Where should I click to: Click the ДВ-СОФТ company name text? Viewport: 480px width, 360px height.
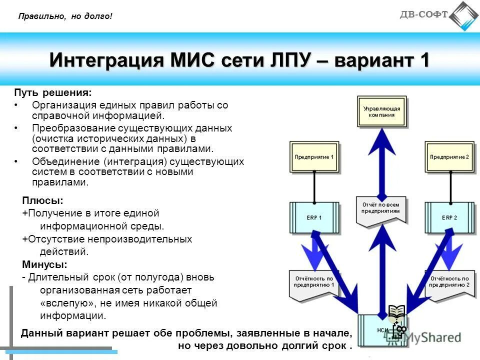pos(423,14)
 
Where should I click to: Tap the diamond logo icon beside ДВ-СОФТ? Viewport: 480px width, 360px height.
pos(463,15)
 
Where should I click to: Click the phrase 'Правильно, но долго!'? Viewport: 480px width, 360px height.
pos(65,16)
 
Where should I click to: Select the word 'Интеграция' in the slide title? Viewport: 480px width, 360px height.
pos(105,60)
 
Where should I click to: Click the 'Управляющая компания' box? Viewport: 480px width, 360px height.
pos(381,111)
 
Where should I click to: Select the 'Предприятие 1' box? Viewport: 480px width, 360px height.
pos(314,157)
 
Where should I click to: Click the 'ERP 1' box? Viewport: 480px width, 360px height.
pos(314,218)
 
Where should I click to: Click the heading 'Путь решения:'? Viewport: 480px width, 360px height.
pos(52,93)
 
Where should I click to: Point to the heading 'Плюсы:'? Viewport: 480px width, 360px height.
pos(42,201)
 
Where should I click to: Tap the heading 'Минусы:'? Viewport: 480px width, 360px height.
pos(44,264)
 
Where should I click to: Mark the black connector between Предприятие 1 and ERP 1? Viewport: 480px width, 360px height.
pos(314,187)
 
